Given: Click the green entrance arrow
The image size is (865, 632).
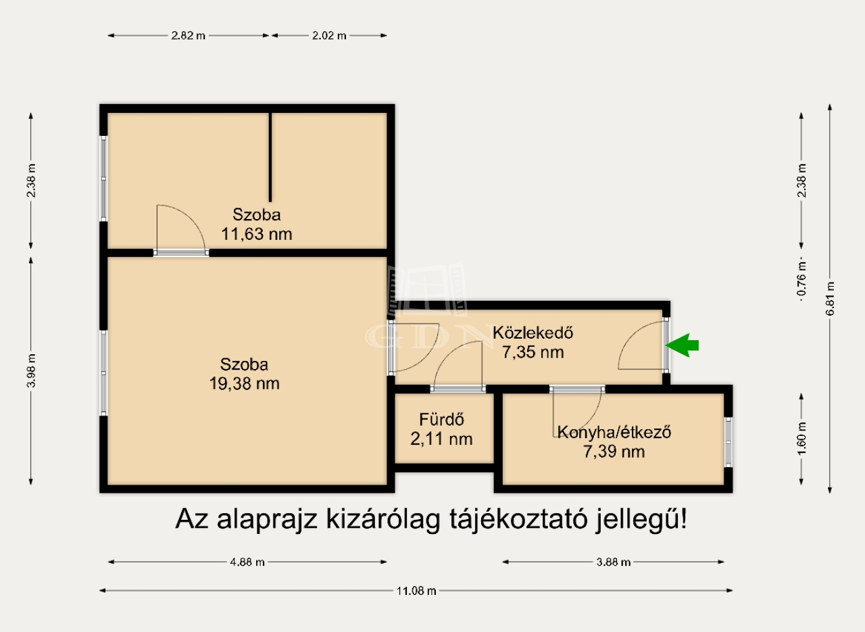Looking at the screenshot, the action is [x=683, y=345].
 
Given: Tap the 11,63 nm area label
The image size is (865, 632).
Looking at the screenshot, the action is [x=256, y=234].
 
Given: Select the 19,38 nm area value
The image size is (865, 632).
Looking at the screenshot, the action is [x=244, y=384].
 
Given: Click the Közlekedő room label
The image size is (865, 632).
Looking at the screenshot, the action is [x=533, y=333].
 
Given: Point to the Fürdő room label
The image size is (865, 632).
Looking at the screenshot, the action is [x=441, y=420].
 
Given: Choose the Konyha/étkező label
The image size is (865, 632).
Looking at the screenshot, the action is [x=614, y=433].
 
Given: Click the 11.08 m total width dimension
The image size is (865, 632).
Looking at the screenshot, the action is [x=416, y=591].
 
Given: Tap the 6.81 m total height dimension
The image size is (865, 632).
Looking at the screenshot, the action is [x=831, y=298].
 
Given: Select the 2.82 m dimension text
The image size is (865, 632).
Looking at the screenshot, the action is [x=188, y=36].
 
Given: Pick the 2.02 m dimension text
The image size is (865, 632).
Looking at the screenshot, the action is [x=329, y=36].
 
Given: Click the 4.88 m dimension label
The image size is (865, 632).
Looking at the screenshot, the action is [x=247, y=562].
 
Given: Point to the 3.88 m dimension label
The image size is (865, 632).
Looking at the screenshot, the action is [x=613, y=562].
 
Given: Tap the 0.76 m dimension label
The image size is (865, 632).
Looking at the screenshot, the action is [x=801, y=279].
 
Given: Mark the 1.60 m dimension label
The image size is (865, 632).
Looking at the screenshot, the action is [x=801, y=439].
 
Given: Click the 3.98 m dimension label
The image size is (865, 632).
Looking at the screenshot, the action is [x=31, y=370].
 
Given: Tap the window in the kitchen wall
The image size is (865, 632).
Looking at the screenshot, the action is [x=728, y=442].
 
